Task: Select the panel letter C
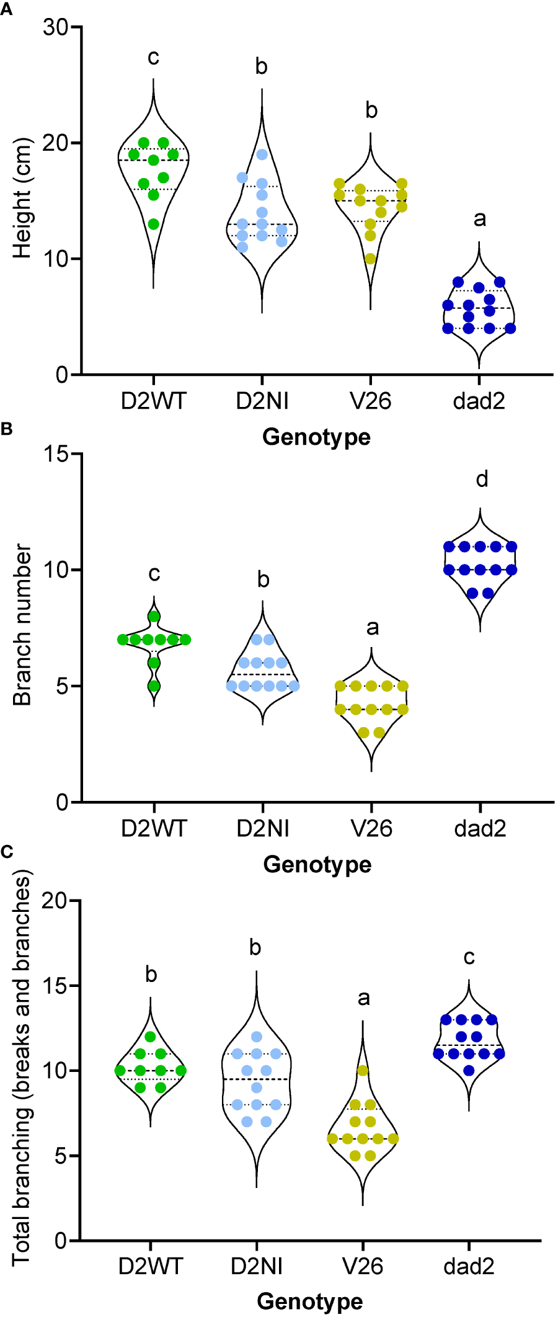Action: [x=7, y=852]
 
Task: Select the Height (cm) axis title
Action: [x=22, y=198]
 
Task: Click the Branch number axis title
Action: [x=22, y=625]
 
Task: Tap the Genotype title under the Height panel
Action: [x=316, y=437]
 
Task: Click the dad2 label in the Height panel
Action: [x=479, y=401]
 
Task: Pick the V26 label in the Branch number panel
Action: [x=371, y=828]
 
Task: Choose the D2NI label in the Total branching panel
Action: [x=257, y=1266]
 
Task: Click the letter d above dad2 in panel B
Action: [x=482, y=479]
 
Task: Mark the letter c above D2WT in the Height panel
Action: [x=153, y=58]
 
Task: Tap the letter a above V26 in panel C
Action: [x=363, y=998]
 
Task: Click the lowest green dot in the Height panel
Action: [x=154, y=224]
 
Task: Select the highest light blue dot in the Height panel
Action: [x=262, y=154]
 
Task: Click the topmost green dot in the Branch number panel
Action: [x=154, y=617]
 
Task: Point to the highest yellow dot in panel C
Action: [x=363, y=1071]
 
